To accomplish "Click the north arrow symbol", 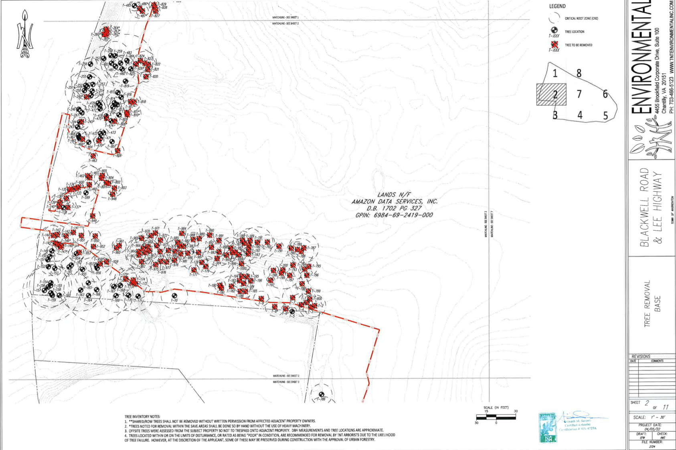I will click(x=25, y=34).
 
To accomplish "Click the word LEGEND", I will click(x=557, y=6).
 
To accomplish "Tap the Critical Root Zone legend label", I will click(x=581, y=18).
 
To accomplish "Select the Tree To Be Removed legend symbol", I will click(x=555, y=44).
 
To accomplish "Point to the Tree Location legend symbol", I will click(x=554, y=30).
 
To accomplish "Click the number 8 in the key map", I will click(x=579, y=73).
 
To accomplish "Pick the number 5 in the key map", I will click(x=605, y=116).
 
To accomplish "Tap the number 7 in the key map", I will click(x=579, y=94).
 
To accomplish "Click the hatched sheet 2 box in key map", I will click(x=551, y=94).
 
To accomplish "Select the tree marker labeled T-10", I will click(x=174, y=296).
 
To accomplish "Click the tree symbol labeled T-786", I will click(x=321, y=394).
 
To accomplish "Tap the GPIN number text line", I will click(x=394, y=215).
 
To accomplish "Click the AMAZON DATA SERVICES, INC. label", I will click(x=395, y=202).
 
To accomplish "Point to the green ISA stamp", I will click(x=548, y=428).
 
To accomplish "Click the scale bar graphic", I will click(x=496, y=417).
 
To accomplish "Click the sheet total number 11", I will click(x=665, y=407).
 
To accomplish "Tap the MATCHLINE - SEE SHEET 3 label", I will click(x=286, y=382).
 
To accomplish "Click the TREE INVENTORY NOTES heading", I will click(x=142, y=417).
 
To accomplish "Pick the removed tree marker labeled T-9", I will click(x=261, y=299).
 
